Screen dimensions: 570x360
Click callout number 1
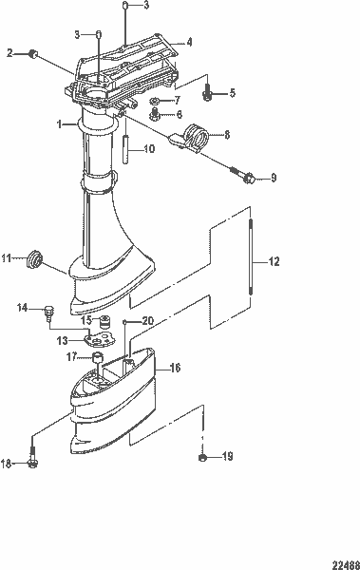(x=59, y=124)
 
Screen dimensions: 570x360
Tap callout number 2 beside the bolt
(x=10, y=54)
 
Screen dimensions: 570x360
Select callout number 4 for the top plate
(x=189, y=43)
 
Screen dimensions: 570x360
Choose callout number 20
(x=147, y=321)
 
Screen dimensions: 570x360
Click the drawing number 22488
(x=344, y=562)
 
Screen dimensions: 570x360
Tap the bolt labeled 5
(x=208, y=93)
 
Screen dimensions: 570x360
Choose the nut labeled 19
(x=203, y=458)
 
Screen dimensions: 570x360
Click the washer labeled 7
(x=157, y=100)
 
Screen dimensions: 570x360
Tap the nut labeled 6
(x=153, y=116)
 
